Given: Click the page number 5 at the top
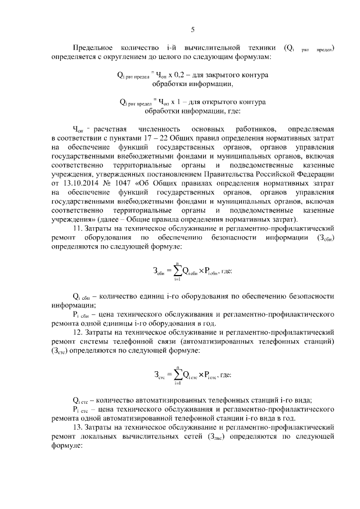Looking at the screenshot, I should pyautogui.click(x=193, y=30).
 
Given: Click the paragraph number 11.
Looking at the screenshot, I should pyautogui.click(x=78, y=228).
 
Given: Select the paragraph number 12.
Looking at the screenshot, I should pyautogui.click(x=78, y=332).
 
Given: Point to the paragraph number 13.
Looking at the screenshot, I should pyautogui.click(x=78, y=427).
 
